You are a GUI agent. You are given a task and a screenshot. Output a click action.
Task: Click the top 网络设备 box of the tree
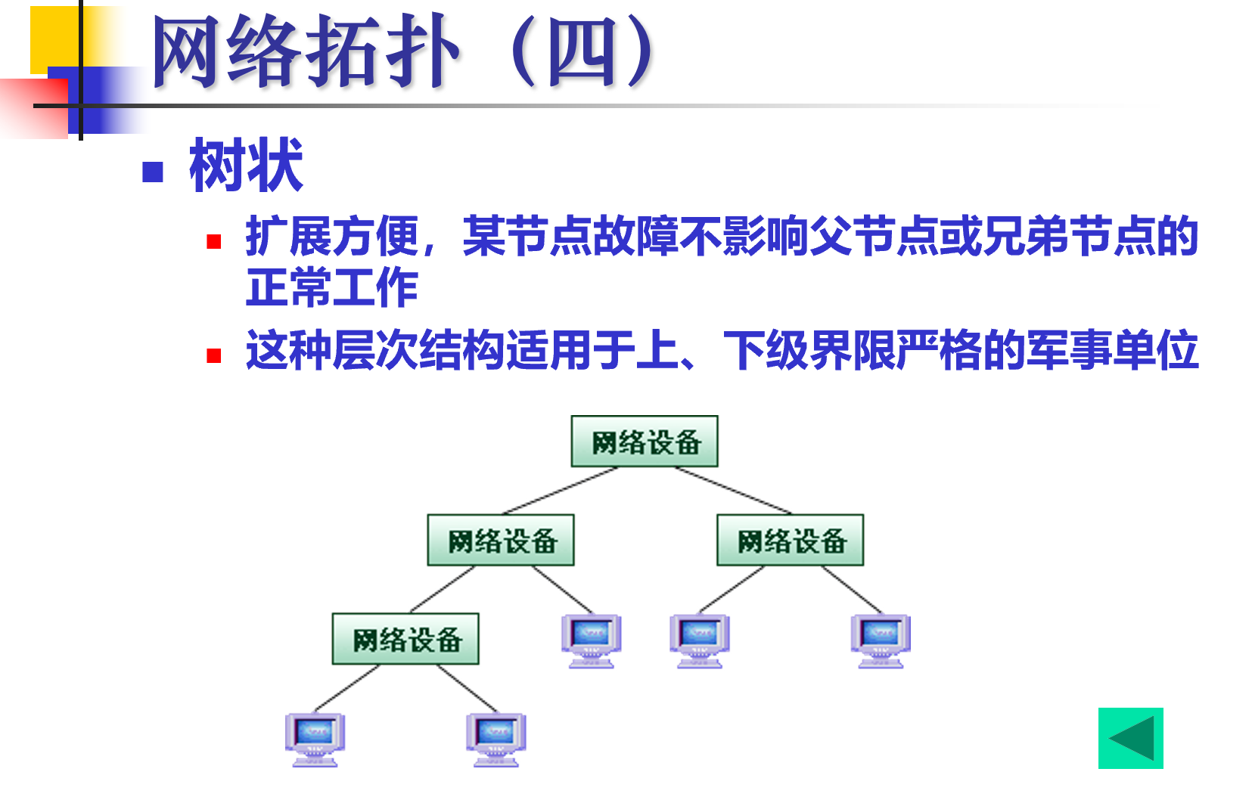(644, 442)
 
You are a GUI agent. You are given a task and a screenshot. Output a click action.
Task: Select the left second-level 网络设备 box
(500, 541)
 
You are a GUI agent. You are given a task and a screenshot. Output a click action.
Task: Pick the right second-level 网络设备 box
(790, 541)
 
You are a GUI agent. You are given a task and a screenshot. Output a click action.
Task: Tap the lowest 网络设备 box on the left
(405, 640)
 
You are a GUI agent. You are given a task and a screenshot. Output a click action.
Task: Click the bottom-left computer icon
(315, 739)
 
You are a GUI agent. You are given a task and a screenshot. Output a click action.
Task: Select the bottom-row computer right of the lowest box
(496, 739)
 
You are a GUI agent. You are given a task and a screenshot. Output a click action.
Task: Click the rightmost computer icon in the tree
(881, 640)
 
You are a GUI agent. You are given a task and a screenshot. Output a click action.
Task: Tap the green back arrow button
(1130, 738)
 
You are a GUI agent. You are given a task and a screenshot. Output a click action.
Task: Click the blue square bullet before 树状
(153, 172)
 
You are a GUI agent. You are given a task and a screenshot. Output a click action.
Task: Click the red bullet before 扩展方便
(214, 242)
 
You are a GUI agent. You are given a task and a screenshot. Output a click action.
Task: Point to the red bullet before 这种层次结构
(214, 355)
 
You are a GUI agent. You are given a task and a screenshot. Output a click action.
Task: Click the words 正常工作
(331, 288)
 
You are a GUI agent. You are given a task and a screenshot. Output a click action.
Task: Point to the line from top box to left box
(561, 490)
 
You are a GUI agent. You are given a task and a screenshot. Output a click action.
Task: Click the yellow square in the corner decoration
(53, 34)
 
